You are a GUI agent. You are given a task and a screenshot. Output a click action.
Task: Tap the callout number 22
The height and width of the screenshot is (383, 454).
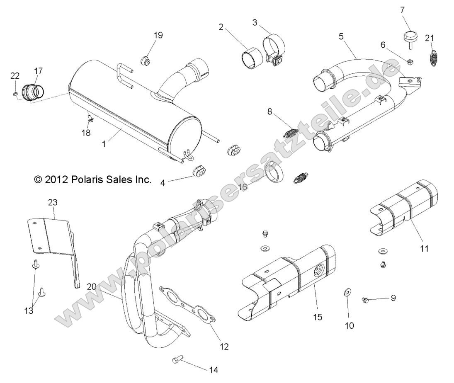(15, 75)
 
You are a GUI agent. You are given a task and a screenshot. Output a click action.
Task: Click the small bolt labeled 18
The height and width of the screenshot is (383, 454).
(90, 119)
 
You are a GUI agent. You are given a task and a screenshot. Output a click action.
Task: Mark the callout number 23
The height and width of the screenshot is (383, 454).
(53, 202)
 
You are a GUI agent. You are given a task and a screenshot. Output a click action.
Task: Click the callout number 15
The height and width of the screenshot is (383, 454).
(318, 317)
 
